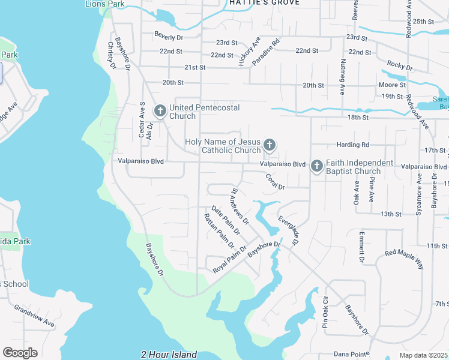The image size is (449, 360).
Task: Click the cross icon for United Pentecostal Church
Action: [x=160, y=111]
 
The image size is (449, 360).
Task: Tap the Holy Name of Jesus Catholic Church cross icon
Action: [x=270, y=145]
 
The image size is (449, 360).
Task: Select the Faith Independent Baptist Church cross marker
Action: [x=317, y=166]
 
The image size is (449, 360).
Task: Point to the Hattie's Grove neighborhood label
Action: [x=264, y=3]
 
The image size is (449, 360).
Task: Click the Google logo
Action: [x=20, y=353]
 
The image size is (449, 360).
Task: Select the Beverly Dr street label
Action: [x=167, y=36]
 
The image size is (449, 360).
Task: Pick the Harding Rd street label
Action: [x=352, y=145]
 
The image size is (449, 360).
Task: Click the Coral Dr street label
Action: [x=276, y=181]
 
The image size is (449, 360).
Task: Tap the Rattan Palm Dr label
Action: [x=218, y=231]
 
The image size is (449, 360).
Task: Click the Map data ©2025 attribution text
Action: [x=423, y=355]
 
